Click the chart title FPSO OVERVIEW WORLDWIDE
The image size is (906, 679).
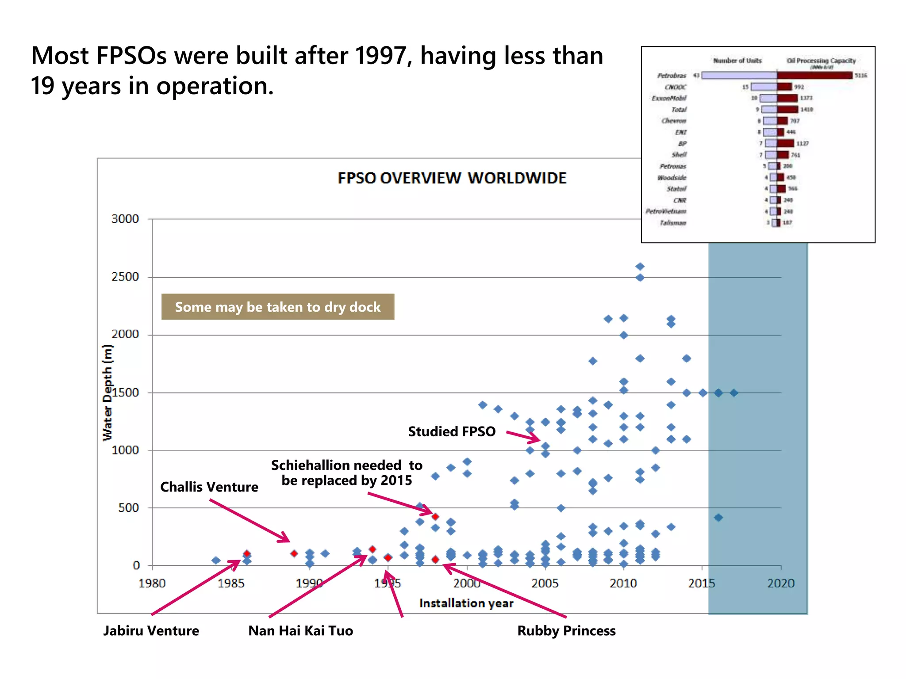pos(452,178)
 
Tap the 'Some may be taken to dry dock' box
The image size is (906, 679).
pos(277,307)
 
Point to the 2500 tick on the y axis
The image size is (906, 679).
pos(125,277)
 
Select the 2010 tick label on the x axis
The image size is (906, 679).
pos(623,584)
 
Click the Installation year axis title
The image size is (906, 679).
pos(466,603)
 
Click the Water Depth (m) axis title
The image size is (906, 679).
pos(107,393)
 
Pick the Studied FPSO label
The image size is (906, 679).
pos(451,431)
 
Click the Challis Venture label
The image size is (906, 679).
pos(209,487)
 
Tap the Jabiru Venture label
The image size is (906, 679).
pos(151,631)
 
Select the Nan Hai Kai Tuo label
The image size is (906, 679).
pos(300,631)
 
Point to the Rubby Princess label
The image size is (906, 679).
pos(566,631)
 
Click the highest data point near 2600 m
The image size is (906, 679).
pos(640,267)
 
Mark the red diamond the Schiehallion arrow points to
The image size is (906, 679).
pos(435,516)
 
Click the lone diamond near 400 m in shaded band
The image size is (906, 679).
pos(718,518)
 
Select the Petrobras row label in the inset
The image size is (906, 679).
pos(672,76)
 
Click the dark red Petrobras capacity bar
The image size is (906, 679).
pos(814,76)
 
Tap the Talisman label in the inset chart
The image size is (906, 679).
pos(673,223)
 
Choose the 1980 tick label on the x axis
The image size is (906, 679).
pos(152,584)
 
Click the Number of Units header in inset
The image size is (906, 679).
pos(737,61)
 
